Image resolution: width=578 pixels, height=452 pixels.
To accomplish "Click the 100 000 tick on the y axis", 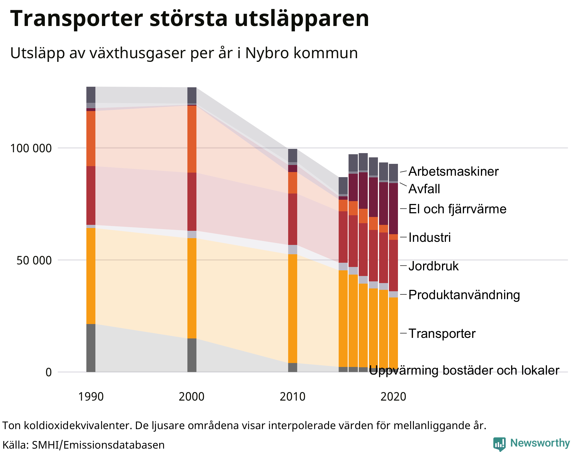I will point(31,148).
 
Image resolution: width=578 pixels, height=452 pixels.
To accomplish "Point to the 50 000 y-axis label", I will point(34,260).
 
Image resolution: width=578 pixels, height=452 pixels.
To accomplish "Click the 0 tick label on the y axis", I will point(49,372).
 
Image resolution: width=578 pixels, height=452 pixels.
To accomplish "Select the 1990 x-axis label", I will point(91,397).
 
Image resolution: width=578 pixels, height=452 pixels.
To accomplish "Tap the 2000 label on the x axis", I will point(191,397).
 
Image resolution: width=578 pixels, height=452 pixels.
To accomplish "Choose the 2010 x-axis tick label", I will point(292,397).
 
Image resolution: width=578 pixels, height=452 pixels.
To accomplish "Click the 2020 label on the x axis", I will point(393,397).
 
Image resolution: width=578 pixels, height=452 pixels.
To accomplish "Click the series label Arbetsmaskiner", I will point(453,171).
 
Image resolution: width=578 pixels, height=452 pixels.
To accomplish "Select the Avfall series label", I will point(424,189).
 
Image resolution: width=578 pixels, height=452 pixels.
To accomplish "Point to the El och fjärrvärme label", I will point(457,209).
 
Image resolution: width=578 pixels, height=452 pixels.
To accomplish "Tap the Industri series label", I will point(430,238).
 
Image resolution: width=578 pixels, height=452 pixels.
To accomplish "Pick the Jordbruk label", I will point(433,266).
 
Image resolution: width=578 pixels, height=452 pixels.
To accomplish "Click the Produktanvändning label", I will point(464,295).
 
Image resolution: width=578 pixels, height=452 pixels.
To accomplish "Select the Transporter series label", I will point(442,334).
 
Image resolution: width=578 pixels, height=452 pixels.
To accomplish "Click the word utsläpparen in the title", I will point(301,19).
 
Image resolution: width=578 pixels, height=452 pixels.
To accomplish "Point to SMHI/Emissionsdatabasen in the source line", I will point(98,445).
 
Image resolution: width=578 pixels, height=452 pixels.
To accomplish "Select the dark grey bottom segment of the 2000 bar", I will point(192,355).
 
